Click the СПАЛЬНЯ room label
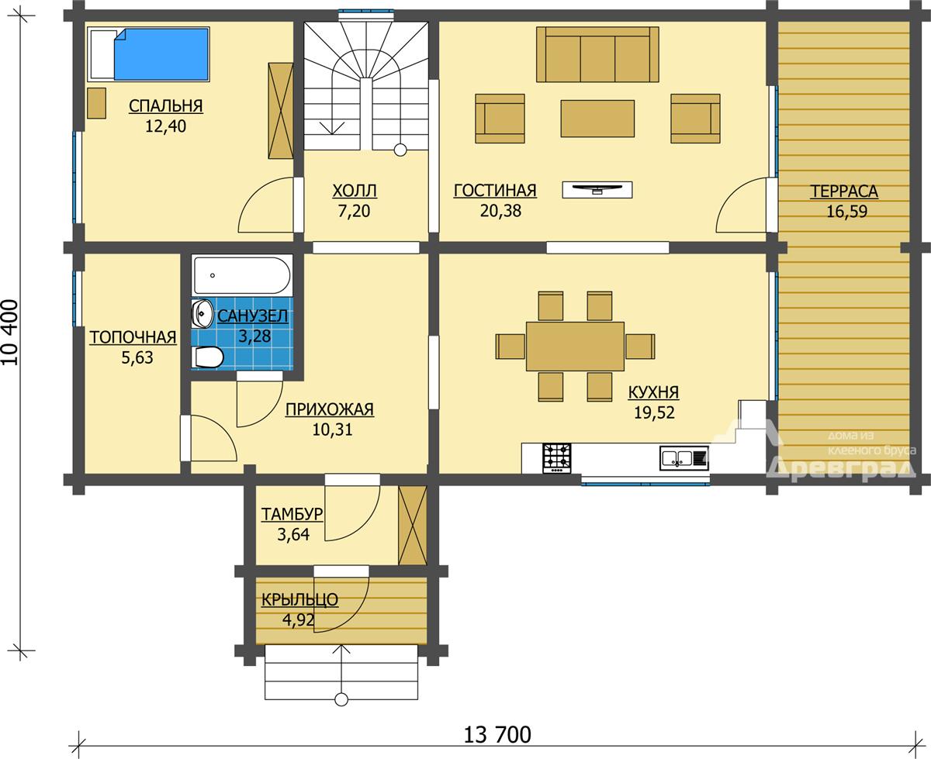click(166, 106)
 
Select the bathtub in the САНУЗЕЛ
click(242, 274)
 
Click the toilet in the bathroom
click(208, 357)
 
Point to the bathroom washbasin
click(201, 313)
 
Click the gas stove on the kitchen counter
click(556, 458)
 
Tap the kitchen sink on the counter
click(684, 457)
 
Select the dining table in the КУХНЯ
click(575, 347)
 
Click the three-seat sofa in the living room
click(597, 54)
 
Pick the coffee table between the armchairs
click(597, 118)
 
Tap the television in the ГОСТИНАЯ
click(597, 189)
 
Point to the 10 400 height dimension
click(11, 333)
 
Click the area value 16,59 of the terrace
click(846, 211)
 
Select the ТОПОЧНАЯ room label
click(133, 337)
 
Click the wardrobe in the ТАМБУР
click(412, 526)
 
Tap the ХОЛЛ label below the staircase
click(355, 191)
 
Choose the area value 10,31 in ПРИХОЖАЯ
click(332, 429)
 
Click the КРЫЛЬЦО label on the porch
click(299, 600)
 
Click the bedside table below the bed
click(96, 103)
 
